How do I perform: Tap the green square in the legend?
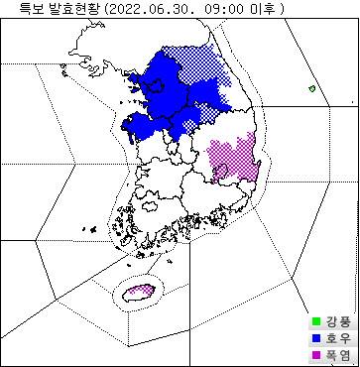pos(315,320)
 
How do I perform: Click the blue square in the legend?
pos(315,337)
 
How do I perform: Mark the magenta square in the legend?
pos(315,354)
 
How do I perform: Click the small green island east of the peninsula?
pos(311,89)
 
